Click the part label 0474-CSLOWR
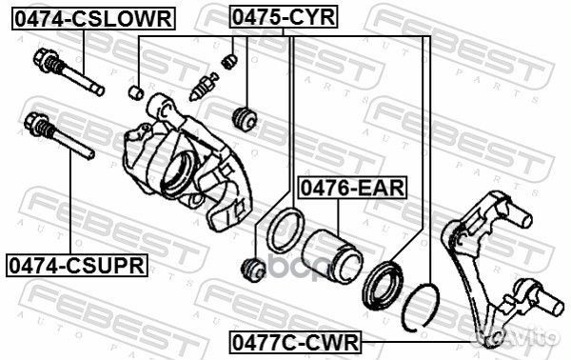tap(94, 19)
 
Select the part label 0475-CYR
tap(284, 17)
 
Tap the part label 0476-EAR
tap(352, 188)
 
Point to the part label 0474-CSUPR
tap(77, 265)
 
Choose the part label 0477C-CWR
tap(295, 342)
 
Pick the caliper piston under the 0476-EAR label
tap(332, 255)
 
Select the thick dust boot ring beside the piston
tap(383, 285)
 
